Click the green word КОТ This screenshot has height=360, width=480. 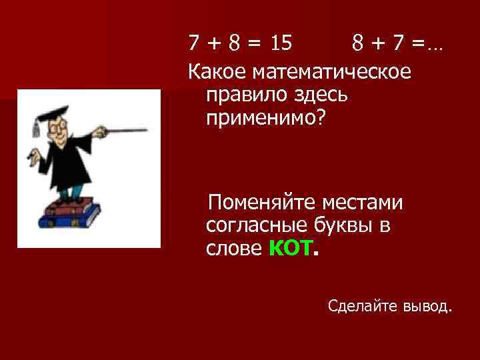(x=289, y=249)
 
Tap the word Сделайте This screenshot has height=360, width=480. (x=363, y=306)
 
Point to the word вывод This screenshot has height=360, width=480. (x=427, y=306)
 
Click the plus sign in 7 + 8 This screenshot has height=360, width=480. (x=214, y=44)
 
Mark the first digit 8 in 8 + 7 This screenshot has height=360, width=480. (x=358, y=44)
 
